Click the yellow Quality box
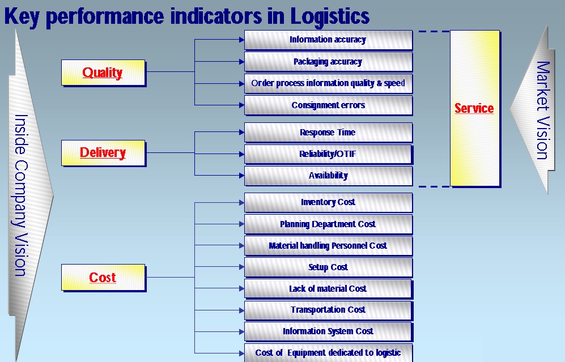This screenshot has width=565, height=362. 103,73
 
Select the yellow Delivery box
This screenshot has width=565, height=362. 103,152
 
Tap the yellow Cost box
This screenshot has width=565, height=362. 103,278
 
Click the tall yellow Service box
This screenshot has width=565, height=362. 474,108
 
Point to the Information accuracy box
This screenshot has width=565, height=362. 328,40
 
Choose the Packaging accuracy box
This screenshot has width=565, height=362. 328,62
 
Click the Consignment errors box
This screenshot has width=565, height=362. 328,105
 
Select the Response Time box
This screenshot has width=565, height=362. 328,133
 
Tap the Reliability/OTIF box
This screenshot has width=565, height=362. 328,154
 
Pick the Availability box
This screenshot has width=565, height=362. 328,176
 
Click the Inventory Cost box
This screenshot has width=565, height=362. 328,202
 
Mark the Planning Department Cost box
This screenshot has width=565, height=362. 328,224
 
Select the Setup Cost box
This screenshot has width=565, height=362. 328,267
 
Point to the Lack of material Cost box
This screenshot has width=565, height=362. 328,289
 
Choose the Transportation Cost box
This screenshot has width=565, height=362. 328,310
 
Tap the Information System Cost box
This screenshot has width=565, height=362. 328,331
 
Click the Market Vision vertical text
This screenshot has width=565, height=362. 542,110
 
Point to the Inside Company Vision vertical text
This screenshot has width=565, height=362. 21,195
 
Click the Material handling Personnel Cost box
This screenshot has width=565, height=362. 328,246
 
